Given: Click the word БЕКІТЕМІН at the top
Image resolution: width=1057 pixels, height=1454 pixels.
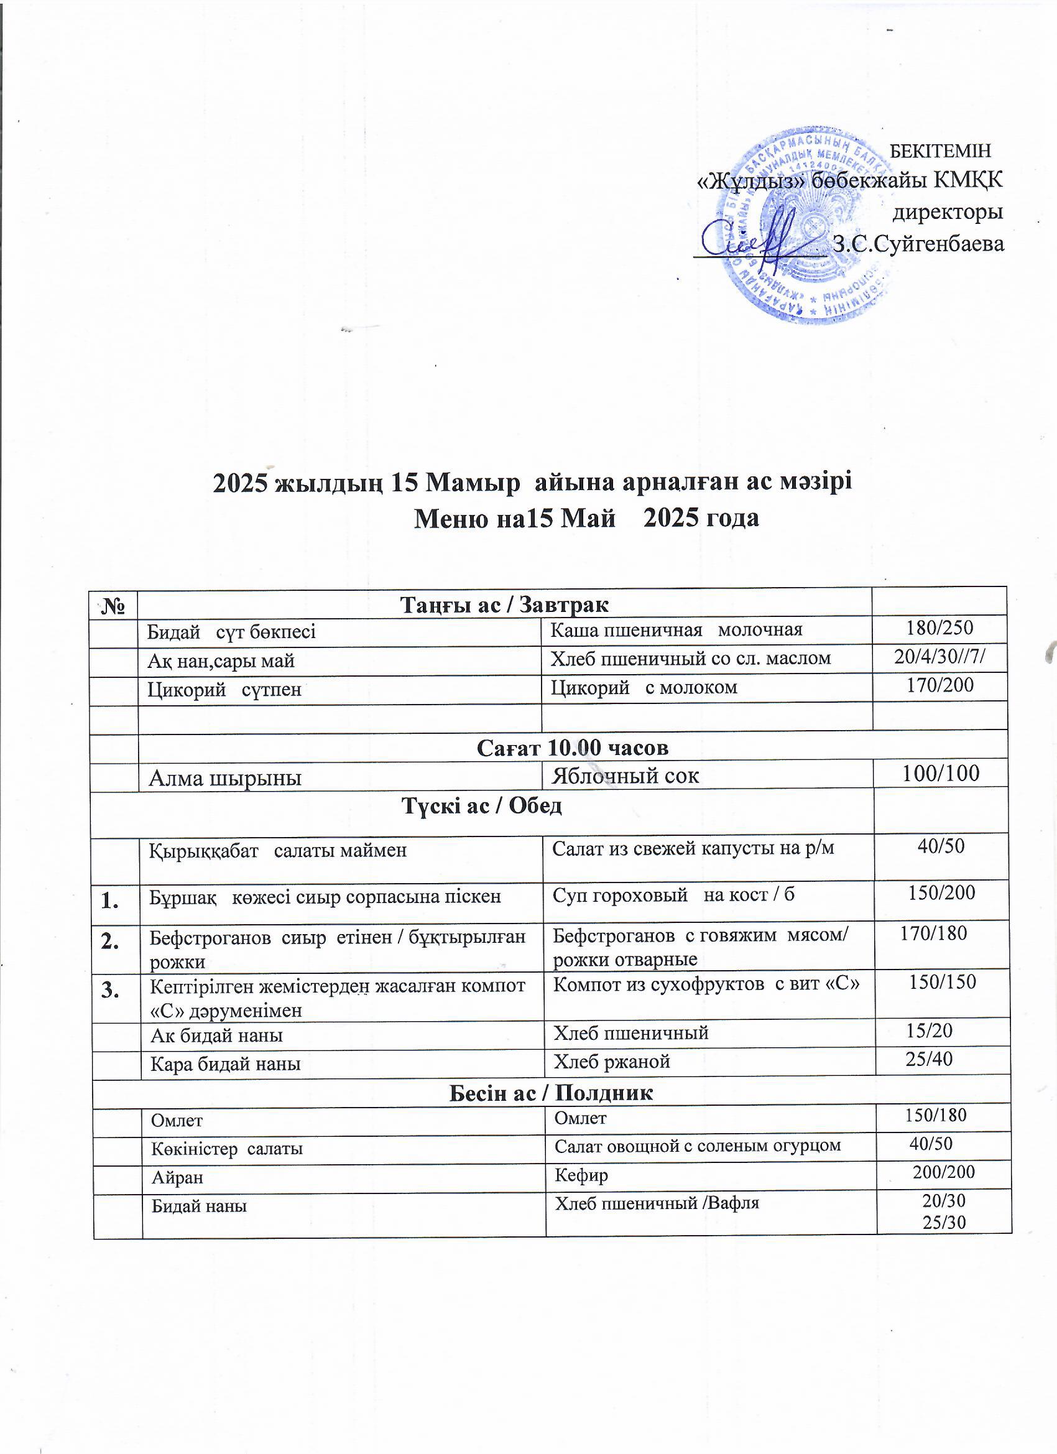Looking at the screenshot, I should (x=941, y=150).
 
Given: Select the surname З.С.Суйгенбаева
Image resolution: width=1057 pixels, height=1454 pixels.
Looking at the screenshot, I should (x=918, y=244).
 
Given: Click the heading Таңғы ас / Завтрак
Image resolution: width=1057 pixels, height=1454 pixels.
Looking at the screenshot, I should (x=504, y=604).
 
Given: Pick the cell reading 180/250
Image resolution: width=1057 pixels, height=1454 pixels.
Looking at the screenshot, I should (x=939, y=627).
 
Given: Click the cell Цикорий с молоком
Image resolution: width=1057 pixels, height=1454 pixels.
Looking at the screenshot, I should (x=644, y=687).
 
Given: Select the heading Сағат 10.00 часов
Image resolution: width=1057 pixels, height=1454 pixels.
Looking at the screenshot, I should (x=573, y=748).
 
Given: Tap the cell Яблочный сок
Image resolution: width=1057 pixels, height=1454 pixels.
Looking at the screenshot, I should (x=625, y=776).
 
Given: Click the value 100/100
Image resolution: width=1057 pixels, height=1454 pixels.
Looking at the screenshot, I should (x=940, y=774).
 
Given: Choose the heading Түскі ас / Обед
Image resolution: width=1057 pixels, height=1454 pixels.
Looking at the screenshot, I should (x=481, y=806).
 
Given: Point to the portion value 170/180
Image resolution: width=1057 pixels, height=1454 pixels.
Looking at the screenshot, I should (x=933, y=933).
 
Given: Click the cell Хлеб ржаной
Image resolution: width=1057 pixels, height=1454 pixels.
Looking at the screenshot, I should (x=612, y=1062).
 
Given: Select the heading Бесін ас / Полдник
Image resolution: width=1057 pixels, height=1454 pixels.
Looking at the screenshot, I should (x=551, y=1093).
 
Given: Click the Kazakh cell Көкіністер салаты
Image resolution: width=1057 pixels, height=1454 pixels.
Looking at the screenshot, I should (x=226, y=1149).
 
